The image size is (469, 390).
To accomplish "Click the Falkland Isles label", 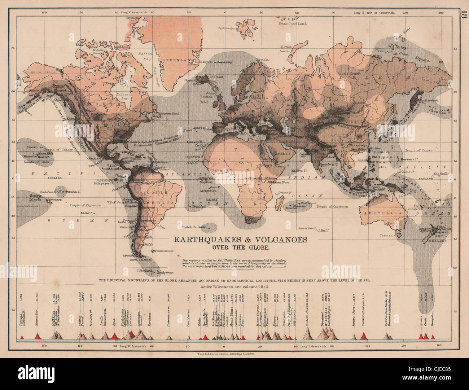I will [x=165, y=251].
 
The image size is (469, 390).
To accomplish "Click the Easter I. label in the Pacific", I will [x=87, y=212].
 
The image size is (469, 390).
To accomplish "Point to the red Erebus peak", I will [x=421, y=337].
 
